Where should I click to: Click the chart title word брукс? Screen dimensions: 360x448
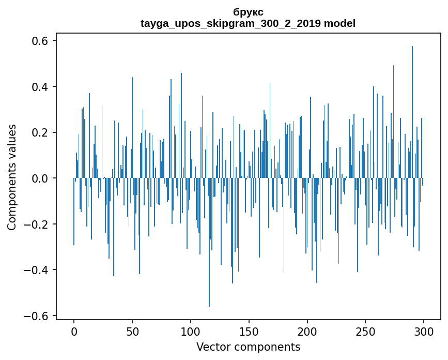[248, 12]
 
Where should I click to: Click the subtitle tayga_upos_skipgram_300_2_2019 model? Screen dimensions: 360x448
[248, 23]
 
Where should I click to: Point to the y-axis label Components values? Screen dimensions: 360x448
[12, 177]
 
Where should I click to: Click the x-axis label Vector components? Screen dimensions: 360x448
[248, 347]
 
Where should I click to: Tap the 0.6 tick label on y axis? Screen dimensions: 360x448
[41, 41]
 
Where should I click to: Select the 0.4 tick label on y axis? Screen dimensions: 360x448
[41, 86]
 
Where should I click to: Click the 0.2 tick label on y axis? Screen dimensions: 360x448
[41, 132]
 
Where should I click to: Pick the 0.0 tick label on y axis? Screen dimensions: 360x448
[41, 178]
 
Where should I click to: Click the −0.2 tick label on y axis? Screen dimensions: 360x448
[38, 224]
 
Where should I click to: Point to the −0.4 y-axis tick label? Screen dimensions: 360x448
[38, 270]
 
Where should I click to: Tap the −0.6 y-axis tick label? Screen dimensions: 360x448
[38, 316]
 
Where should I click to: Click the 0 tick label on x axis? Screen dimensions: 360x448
[74, 331]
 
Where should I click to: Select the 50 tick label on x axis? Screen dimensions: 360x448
[132, 331]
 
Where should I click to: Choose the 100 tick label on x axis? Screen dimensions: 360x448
[191, 331]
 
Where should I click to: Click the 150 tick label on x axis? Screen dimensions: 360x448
[249, 331]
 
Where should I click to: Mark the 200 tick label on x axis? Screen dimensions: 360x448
[307, 331]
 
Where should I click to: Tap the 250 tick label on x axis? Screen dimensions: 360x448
[366, 331]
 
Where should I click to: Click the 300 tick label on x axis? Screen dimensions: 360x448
[424, 331]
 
